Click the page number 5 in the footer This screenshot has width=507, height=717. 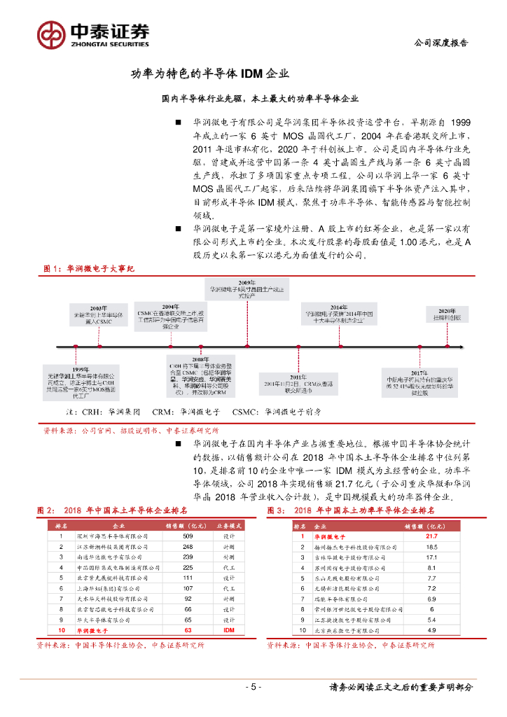(253, 687)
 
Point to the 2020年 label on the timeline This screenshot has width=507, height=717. (447, 310)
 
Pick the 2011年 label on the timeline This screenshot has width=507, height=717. (288, 377)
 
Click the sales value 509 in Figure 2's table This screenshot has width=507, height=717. (188, 536)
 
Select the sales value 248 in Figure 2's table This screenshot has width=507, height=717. (188, 546)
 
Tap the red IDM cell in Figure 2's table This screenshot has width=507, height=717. (228, 630)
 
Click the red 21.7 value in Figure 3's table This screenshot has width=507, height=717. (431, 536)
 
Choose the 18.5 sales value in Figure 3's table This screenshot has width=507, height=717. (431, 547)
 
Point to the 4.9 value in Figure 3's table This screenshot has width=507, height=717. (431, 631)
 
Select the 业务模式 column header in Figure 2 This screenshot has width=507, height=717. (228, 525)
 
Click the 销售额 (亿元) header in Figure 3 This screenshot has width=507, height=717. (425, 525)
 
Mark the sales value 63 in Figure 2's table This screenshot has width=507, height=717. (188, 630)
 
